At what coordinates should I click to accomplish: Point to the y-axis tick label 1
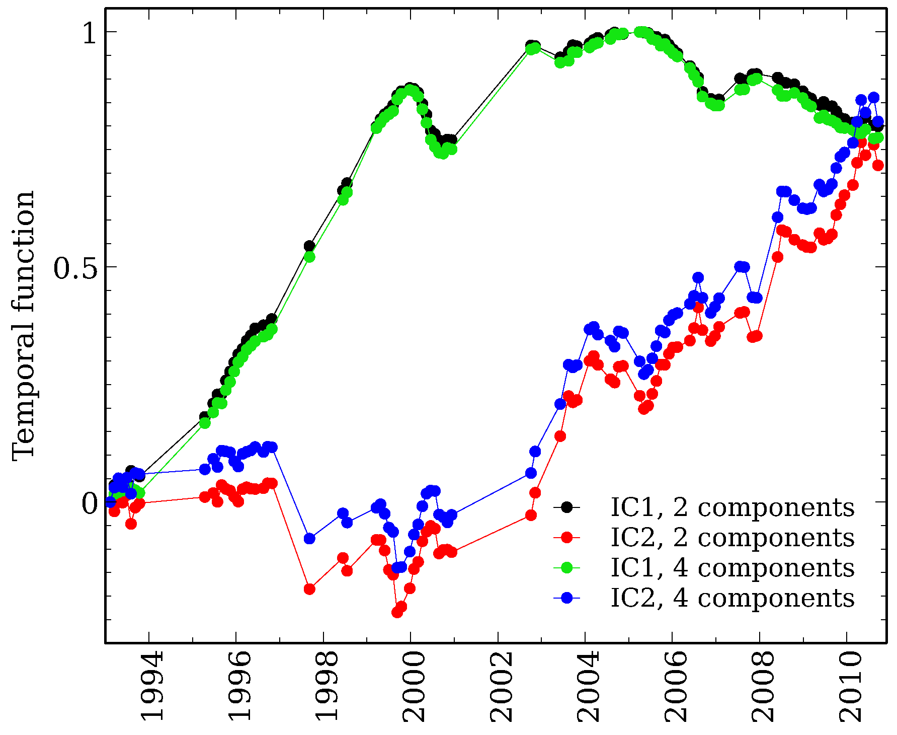89,33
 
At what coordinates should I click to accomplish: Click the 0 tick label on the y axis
89,503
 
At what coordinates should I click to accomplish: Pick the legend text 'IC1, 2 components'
732,507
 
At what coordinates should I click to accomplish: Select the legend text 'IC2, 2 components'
732,538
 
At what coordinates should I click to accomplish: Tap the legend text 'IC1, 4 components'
732,568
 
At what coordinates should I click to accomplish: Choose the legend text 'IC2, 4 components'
732,598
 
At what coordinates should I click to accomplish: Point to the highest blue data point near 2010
874,98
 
